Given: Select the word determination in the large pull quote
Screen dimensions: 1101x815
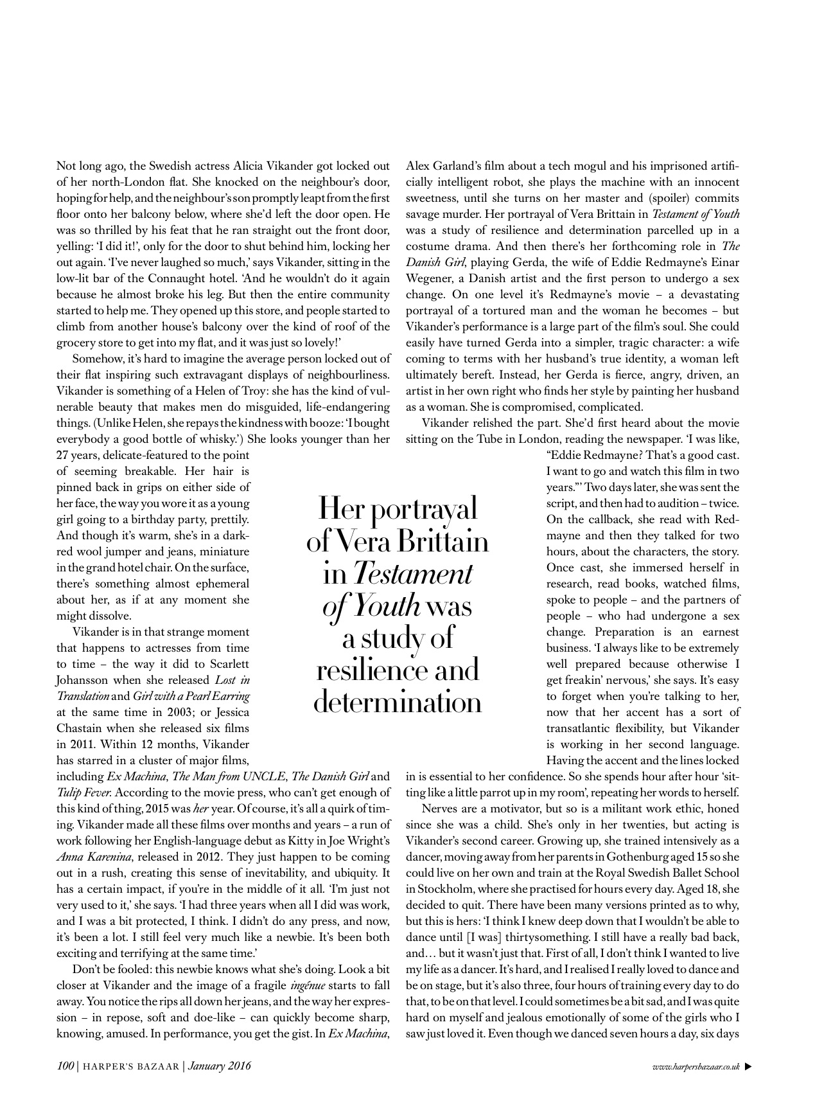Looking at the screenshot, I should point(398,703).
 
